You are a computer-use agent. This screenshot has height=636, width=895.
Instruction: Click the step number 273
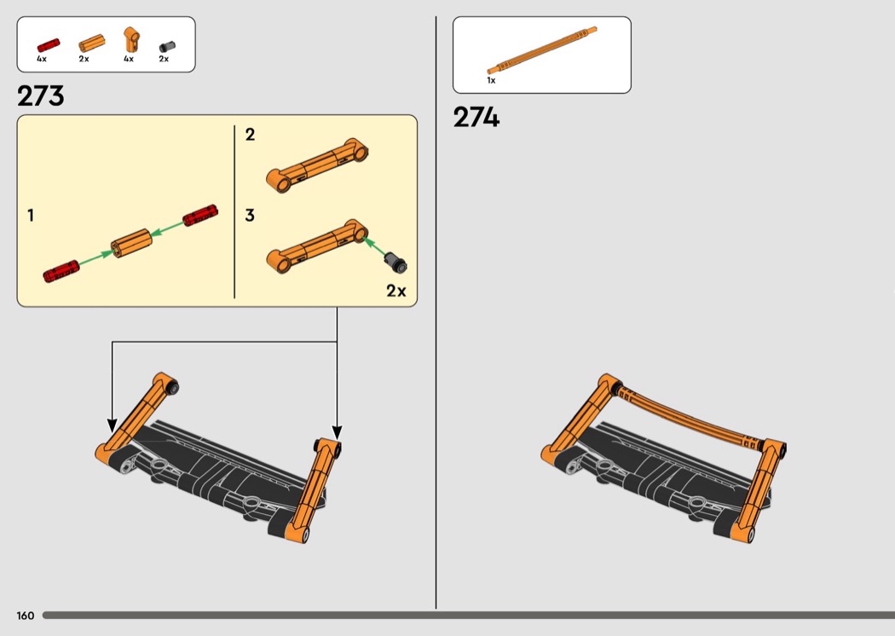(41, 96)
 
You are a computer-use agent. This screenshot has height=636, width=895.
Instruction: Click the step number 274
(476, 117)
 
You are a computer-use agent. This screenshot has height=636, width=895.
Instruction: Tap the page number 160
(25, 616)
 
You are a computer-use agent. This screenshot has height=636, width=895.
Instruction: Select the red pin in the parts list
(49, 45)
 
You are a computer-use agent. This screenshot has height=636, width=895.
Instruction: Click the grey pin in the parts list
(167, 46)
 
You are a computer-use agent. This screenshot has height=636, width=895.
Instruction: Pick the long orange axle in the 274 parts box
(541, 50)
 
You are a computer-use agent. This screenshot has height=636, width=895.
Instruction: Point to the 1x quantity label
(491, 80)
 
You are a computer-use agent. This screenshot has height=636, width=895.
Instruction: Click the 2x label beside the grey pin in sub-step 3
(396, 291)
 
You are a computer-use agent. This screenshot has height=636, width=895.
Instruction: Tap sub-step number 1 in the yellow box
(31, 215)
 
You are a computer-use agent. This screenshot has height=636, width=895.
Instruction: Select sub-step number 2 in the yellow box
(250, 134)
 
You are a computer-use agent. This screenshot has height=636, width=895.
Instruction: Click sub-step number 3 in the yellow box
(250, 215)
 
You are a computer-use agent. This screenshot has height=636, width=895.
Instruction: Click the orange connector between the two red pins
(130, 243)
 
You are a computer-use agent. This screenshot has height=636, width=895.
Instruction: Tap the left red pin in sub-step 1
(61, 272)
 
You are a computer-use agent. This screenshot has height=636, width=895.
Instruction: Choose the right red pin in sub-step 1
(200, 215)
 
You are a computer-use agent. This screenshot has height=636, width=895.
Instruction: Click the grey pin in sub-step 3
(395, 262)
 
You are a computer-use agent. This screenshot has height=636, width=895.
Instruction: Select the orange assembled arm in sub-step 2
(317, 165)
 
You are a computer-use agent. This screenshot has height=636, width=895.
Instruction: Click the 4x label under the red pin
(42, 59)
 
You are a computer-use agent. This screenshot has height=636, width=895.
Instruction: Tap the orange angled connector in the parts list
(131, 40)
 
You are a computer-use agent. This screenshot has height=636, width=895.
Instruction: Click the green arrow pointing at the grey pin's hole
(374, 246)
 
